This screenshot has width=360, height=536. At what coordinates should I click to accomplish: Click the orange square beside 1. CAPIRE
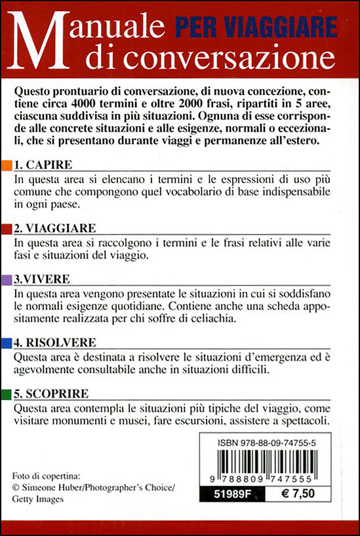pos(7,164)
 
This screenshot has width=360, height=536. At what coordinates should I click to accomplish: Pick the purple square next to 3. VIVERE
pos(7,279)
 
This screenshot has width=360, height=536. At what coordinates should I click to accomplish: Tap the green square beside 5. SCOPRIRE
pos(7,394)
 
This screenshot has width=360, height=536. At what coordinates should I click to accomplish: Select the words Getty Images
pos(40,498)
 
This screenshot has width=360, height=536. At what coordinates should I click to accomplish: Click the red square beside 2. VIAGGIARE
pos(7,228)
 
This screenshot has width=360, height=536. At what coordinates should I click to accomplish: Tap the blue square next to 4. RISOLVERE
pos(7,342)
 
